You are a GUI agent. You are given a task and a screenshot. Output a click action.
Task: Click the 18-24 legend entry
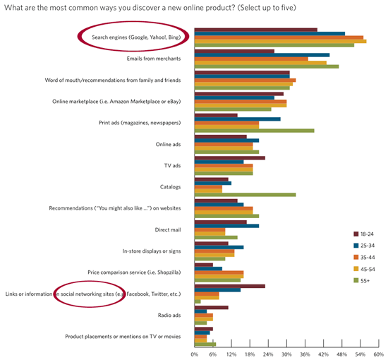(364, 234)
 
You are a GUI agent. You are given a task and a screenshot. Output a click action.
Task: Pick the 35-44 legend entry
(364, 257)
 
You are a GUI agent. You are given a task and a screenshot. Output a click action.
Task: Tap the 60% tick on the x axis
(378, 354)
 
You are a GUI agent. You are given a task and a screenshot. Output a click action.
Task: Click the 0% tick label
(195, 354)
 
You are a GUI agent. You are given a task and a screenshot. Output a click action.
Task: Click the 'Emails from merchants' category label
(154, 59)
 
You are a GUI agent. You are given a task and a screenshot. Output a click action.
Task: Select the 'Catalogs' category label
(171, 187)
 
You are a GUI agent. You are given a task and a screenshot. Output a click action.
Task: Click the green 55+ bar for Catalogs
(245, 194)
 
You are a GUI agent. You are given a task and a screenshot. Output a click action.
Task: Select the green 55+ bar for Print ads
(254, 130)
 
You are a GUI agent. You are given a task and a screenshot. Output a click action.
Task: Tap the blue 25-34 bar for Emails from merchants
(262, 55)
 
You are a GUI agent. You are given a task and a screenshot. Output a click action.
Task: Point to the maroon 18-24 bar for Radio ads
(211, 307)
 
